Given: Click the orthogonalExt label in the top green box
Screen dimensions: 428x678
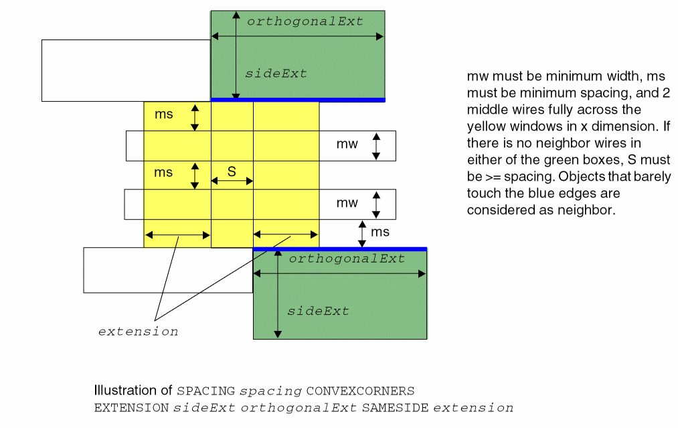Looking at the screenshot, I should pyautogui.click(x=305, y=21).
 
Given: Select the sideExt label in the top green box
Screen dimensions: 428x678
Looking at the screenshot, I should pyautogui.click(x=276, y=74).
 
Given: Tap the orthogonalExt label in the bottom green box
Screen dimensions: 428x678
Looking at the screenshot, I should pyautogui.click(x=347, y=259).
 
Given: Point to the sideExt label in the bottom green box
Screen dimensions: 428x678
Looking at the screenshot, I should pyautogui.click(x=318, y=311).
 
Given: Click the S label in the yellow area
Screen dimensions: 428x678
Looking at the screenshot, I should pyautogui.click(x=232, y=171).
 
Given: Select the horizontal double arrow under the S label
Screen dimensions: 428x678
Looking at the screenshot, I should pyautogui.click(x=232, y=181).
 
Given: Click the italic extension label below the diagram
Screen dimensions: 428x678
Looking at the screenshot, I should pyautogui.click(x=139, y=332).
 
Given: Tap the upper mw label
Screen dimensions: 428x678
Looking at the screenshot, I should pyautogui.click(x=347, y=144).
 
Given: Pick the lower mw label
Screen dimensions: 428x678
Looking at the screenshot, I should pyautogui.click(x=347, y=203).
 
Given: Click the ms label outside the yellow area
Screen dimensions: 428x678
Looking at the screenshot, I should pyautogui.click(x=380, y=232).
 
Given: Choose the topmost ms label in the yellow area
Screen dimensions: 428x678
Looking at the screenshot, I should pyautogui.click(x=163, y=114).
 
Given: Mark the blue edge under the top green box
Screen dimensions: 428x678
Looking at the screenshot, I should pyautogui.click(x=298, y=100).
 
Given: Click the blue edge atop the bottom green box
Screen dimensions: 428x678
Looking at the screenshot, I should pyautogui.click(x=340, y=249).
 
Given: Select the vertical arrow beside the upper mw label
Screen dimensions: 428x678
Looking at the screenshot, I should pyautogui.click(x=376, y=146).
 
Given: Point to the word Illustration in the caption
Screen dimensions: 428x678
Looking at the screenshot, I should pyautogui.click(x=122, y=390).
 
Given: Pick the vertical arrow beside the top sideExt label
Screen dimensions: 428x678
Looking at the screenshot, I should pyautogui.click(x=236, y=56).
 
